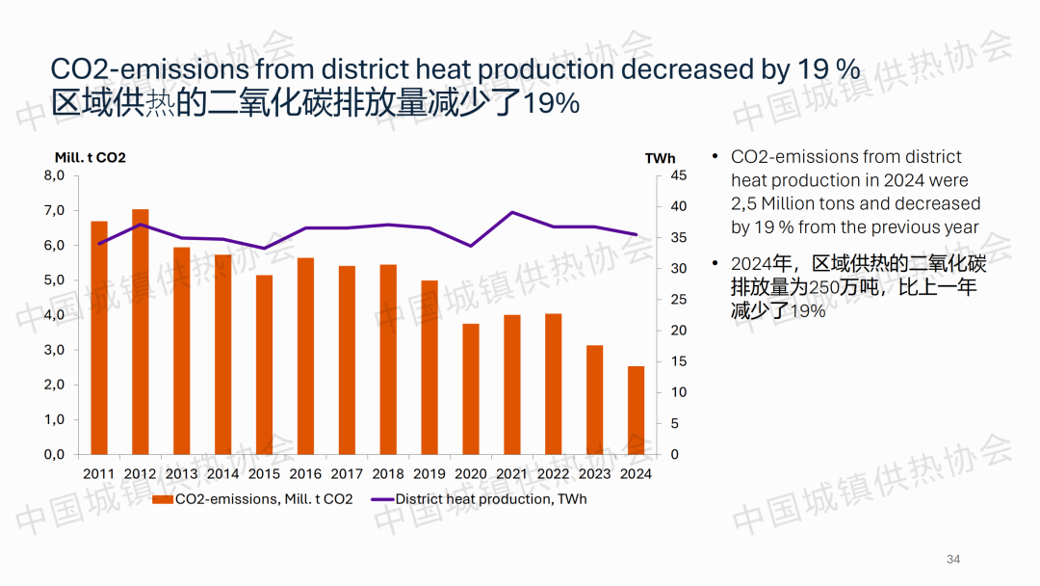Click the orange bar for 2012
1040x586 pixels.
tap(141, 332)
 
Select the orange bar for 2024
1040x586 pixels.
tap(636, 410)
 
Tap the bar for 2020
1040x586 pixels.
tap(471, 388)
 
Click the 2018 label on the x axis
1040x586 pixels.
tap(388, 473)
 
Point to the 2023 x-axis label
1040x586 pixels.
tap(594, 473)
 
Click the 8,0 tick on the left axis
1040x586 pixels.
tap(54, 175)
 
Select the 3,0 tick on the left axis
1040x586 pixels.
tap(54, 350)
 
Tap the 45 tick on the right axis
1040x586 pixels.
tap(679, 175)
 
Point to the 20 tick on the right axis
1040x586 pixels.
tap(679, 331)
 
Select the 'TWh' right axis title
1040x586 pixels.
tap(660, 158)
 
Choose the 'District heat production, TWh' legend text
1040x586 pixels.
tap(490, 499)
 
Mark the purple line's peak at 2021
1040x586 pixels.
tap(512, 212)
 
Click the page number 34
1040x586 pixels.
tap(954, 560)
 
